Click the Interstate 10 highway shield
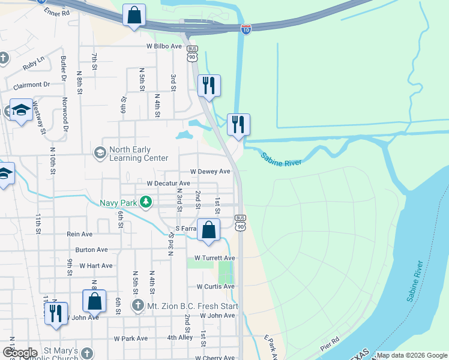[246, 29]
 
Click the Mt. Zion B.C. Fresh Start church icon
[139, 306]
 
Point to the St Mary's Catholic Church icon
[88, 353]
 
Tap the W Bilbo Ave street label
[163, 46]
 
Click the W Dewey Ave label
[210, 171]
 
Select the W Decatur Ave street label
[168, 183]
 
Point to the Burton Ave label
[91, 250]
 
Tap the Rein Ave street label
[80, 234]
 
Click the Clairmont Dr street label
[27, 85]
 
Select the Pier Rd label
[330, 347]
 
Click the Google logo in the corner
[20, 353]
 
